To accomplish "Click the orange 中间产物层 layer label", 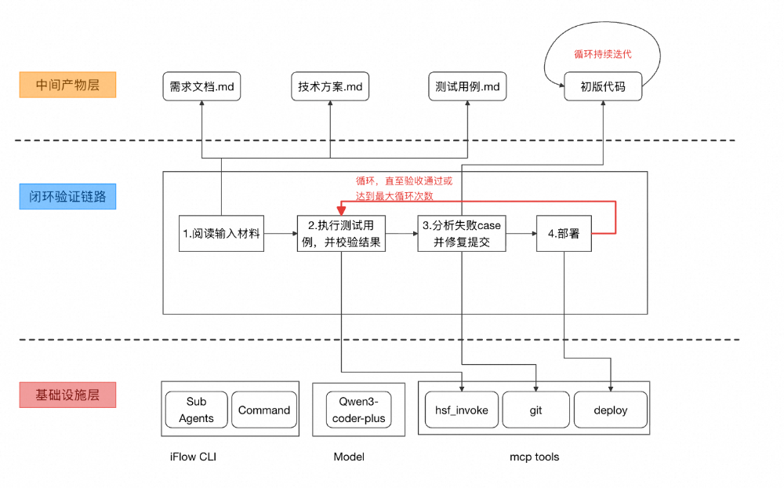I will point(67,85).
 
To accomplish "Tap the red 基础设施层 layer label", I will point(67,395).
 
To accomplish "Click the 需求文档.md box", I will point(202,86).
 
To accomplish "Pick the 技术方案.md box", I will point(330,86).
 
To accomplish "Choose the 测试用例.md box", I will point(467,86).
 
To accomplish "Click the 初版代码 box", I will point(603,86).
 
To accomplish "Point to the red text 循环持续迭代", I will point(603,54).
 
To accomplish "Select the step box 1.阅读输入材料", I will point(221,233).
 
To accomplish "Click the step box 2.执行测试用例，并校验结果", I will point(341,233).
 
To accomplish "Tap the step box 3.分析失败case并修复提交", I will point(462,233).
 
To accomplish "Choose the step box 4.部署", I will point(564,233).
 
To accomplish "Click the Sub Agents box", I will point(196,410).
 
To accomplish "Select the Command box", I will point(264,410).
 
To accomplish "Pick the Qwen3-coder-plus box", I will point(358,410).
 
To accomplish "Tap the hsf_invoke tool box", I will point(462,410).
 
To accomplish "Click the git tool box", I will point(535,410).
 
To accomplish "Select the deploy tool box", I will point(611,410).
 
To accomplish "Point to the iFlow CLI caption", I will point(193,457).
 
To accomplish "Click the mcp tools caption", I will point(535,457).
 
